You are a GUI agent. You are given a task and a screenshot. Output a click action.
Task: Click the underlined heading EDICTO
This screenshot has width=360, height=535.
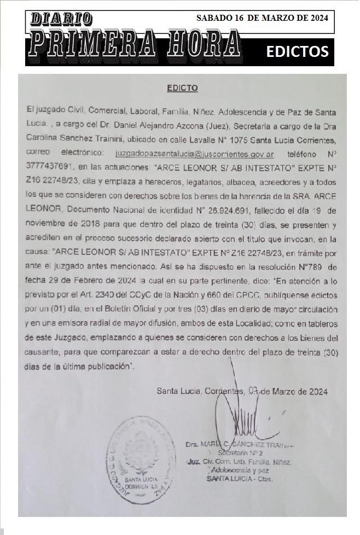click(182, 88)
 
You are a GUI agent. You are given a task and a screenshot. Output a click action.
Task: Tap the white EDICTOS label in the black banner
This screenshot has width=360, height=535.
click(297, 51)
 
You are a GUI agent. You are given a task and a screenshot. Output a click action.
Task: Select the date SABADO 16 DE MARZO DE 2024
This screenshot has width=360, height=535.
click(262, 18)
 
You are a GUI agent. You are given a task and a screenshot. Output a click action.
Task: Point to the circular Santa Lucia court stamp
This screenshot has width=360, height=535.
click(141, 453)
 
